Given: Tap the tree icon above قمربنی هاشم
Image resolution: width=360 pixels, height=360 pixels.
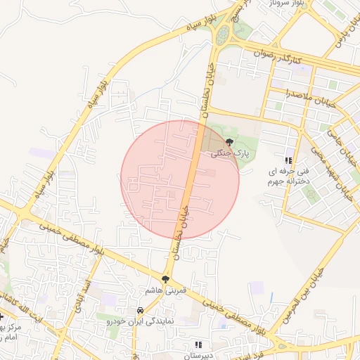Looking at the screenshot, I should click(x=166, y=279).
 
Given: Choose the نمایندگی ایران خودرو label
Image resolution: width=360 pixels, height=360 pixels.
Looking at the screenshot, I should click(x=141, y=321).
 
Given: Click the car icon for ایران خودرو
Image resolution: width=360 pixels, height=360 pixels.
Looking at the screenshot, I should click(x=141, y=310).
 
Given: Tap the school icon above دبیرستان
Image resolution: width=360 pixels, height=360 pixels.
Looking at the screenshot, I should click(x=198, y=345).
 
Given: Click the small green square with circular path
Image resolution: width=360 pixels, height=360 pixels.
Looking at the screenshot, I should click(x=310, y=193).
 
